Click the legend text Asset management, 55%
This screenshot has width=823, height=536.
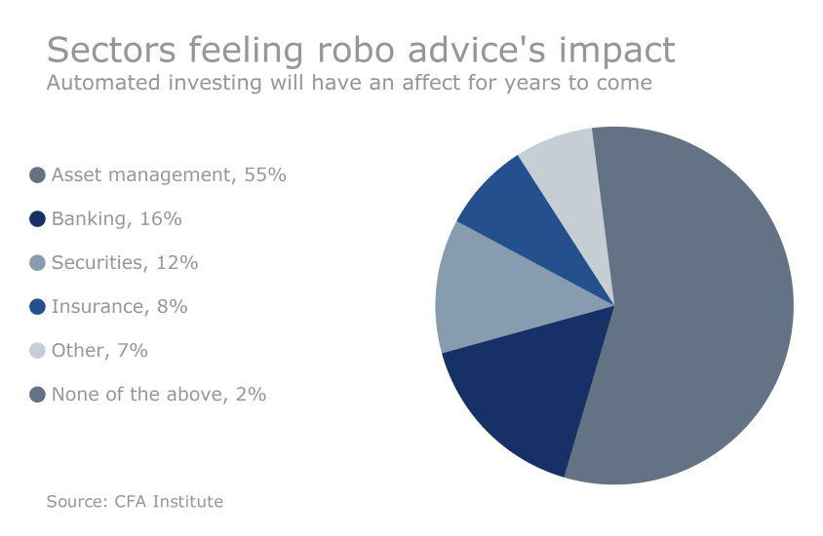[x=169, y=175]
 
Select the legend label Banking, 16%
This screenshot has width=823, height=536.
[x=117, y=219]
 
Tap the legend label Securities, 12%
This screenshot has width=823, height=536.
[x=125, y=263]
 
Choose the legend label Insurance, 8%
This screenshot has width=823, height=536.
[x=119, y=307]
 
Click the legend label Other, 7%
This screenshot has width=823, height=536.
[x=99, y=351]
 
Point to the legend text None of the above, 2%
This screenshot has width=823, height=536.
[x=159, y=395]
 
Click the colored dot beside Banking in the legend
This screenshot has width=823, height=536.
[x=38, y=219]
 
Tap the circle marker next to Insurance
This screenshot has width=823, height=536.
[x=38, y=307]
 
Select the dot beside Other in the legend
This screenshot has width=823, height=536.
[x=38, y=351]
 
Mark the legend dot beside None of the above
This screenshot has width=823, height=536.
[x=38, y=395]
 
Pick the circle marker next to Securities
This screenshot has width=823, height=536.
[x=38, y=263]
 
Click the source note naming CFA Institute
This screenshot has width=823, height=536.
[x=135, y=502]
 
